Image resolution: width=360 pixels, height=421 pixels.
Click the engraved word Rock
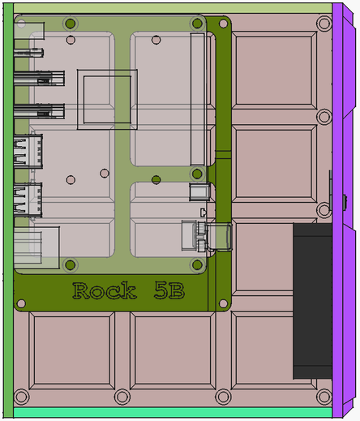tap(105, 290)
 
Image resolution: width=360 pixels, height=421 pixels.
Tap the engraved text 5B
tap(169, 290)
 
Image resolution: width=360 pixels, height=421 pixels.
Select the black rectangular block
tap(312, 301)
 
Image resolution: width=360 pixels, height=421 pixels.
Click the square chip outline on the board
tap(107, 99)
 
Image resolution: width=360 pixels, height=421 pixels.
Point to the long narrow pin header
tap(197, 99)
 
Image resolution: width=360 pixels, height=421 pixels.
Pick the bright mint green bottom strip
tap(173, 412)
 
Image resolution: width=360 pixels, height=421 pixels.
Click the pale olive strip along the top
tap(173, 8)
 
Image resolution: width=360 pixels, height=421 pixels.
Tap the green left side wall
tap(8, 210)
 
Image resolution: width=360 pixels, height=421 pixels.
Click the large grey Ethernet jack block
tap(36, 247)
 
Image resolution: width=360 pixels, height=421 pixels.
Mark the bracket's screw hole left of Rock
tap(21, 303)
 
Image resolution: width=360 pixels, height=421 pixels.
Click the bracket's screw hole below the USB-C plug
tap(223, 303)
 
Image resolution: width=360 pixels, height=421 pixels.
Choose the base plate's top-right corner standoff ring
tap(324, 24)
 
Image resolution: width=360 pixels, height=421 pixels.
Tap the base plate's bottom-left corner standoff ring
tap(21, 397)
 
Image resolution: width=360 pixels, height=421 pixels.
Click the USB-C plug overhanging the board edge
tap(219, 237)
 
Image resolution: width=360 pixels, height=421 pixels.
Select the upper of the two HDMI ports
tap(39, 79)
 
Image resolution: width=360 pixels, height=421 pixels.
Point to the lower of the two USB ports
tap(28, 200)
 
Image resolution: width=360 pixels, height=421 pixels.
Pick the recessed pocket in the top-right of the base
tap(274, 70)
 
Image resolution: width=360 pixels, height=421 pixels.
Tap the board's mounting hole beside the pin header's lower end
tap(197, 174)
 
